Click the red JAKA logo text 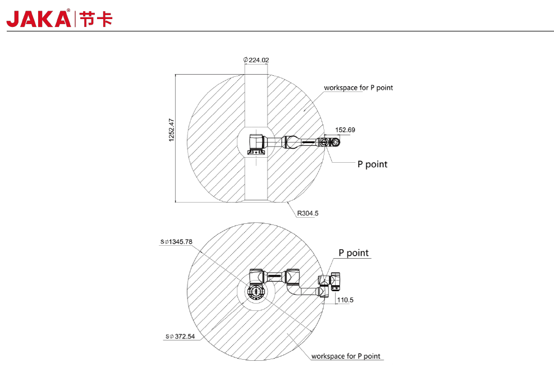click(x=39, y=19)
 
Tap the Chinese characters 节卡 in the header click(x=96, y=19)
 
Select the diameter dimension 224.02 click(x=256, y=60)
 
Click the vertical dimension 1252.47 click(x=171, y=130)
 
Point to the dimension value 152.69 click(x=345, y=130)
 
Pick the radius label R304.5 click(x=308, y=213)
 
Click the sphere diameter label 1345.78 click(x=176, y=242)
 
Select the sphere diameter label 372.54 click(x=180, y=336)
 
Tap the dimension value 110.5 click(x=345, y=300)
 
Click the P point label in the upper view click(x=372, y=164)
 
